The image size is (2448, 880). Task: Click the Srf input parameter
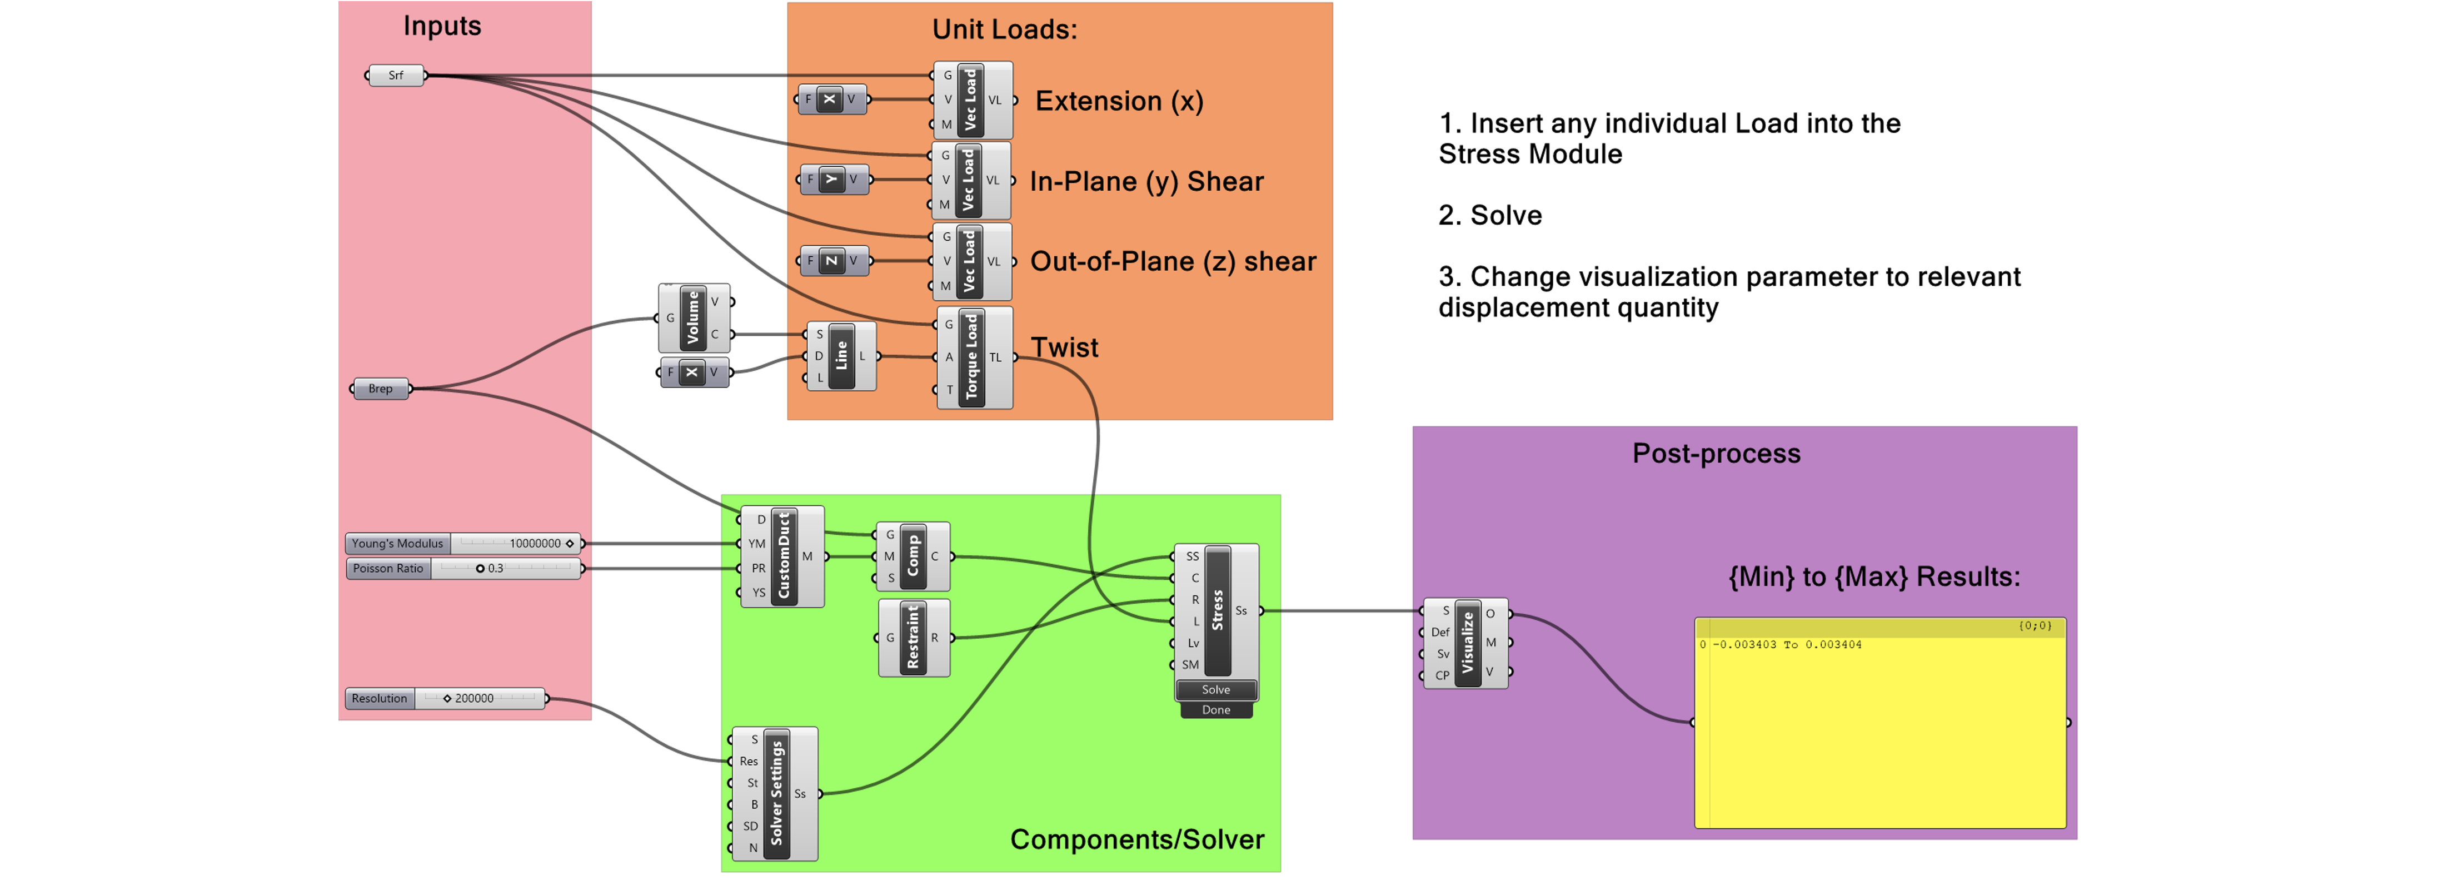pos(395,75)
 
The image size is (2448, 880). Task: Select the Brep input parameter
pos(380,389)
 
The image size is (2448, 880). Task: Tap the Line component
pos(841,356)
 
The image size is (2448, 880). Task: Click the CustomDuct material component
pos(783,556)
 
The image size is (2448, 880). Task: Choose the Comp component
pos(913,556)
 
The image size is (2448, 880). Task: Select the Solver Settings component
pos(776,793)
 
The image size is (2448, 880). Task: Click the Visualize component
pos(1467,643)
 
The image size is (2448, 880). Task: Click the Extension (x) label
pos(1119,101)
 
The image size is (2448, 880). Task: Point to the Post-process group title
pos(1716,453)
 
